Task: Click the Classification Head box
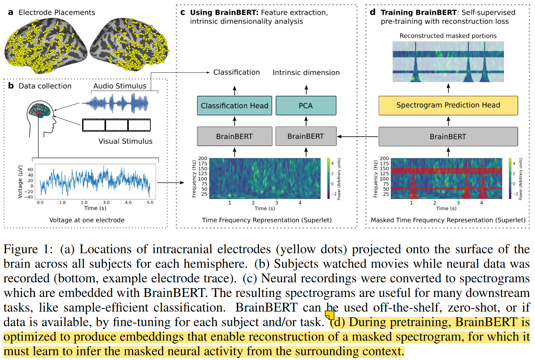click(x=234, y=106)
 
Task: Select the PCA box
click(x=306, y=106)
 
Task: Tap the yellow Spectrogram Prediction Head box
click(x=448, y=105)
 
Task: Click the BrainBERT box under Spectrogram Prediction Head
click(x=448, y=136)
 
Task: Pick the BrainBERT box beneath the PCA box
click(x=306, y=136)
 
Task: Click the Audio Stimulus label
click(x=119, y=86)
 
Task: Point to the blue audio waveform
click(x=118, y=105)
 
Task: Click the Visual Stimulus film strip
click(x=116, y=126)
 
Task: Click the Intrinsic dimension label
click(x=306, y=72)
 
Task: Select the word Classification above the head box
click(x=236, y=72)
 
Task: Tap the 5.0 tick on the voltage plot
click(x=150, y=202)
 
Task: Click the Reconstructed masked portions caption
click(x=448, y=36)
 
